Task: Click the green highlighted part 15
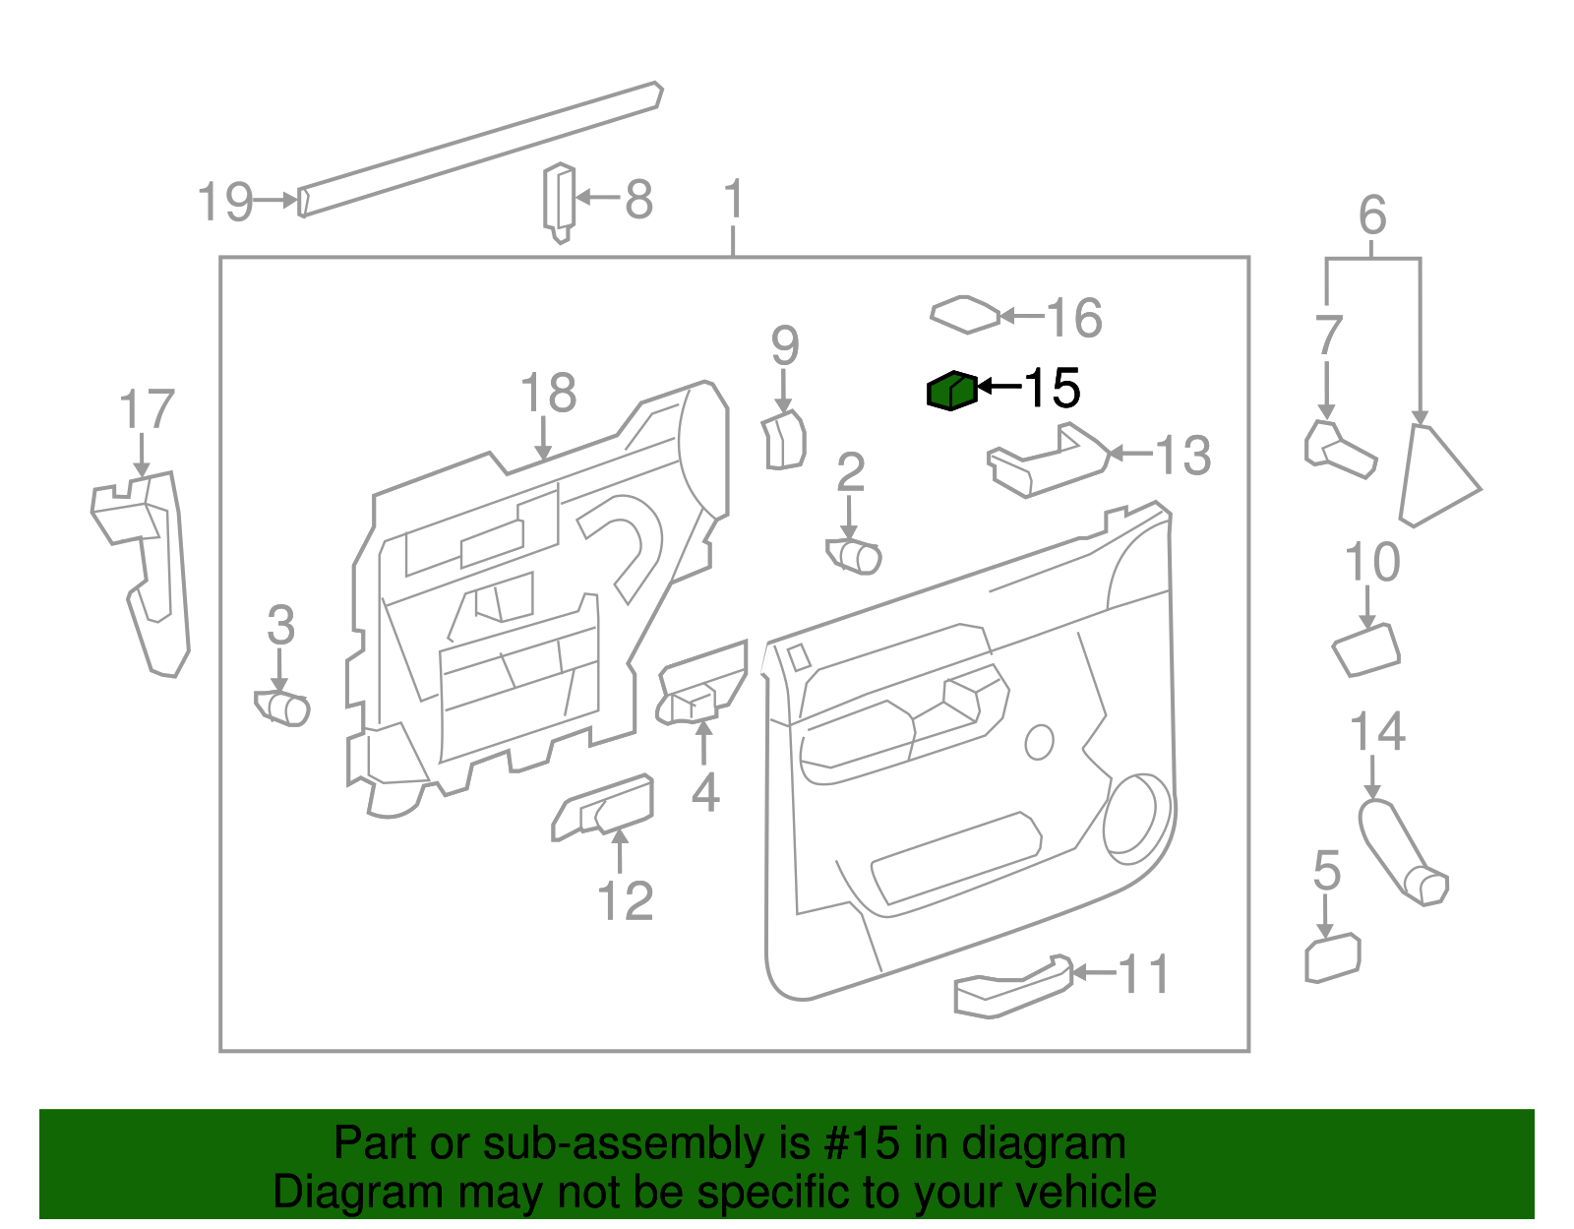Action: pos(951,392)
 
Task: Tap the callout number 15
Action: pos(1053,388)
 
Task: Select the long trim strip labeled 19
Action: pos(480,148)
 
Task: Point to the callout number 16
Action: pos(1073,318)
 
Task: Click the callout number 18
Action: pos(548,394)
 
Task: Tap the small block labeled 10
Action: pos(1365,650)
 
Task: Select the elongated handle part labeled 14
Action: pos(1399,850)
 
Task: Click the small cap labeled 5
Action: pos(1332,958)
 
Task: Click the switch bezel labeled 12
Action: pos(602,808)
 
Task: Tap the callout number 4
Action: pos(704,792)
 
